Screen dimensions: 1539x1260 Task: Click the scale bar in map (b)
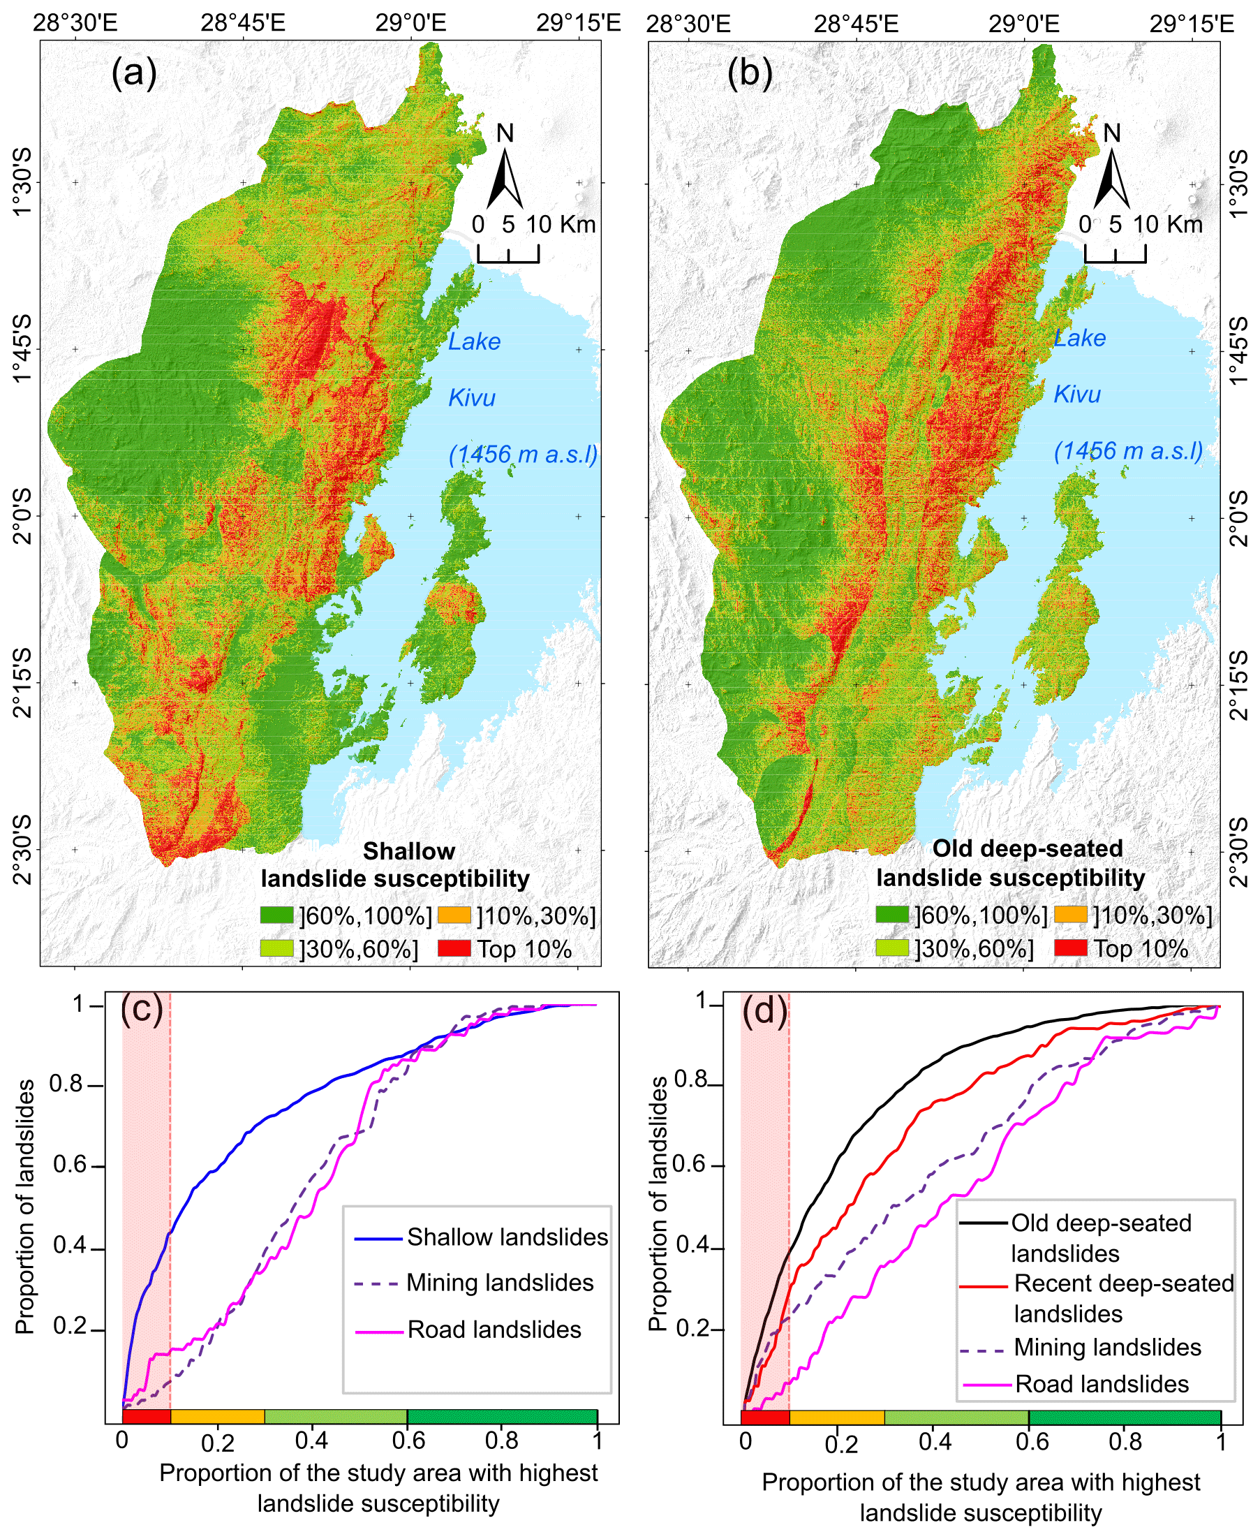(1115, 253)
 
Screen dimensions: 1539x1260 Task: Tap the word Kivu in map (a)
(472, 398)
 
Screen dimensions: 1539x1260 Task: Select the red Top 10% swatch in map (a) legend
(454, 948)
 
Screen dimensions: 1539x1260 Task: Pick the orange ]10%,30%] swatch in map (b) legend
(1070, 915)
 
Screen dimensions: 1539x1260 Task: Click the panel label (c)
(142, 1008)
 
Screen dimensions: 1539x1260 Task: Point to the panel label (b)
(750, 73)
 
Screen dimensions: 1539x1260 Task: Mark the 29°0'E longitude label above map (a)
(410, 23)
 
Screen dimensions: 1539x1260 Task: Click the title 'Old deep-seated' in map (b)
(1027, 848)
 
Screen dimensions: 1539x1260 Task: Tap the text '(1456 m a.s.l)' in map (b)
(1128, 452)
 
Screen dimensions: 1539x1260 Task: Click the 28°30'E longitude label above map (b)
(688, 23)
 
